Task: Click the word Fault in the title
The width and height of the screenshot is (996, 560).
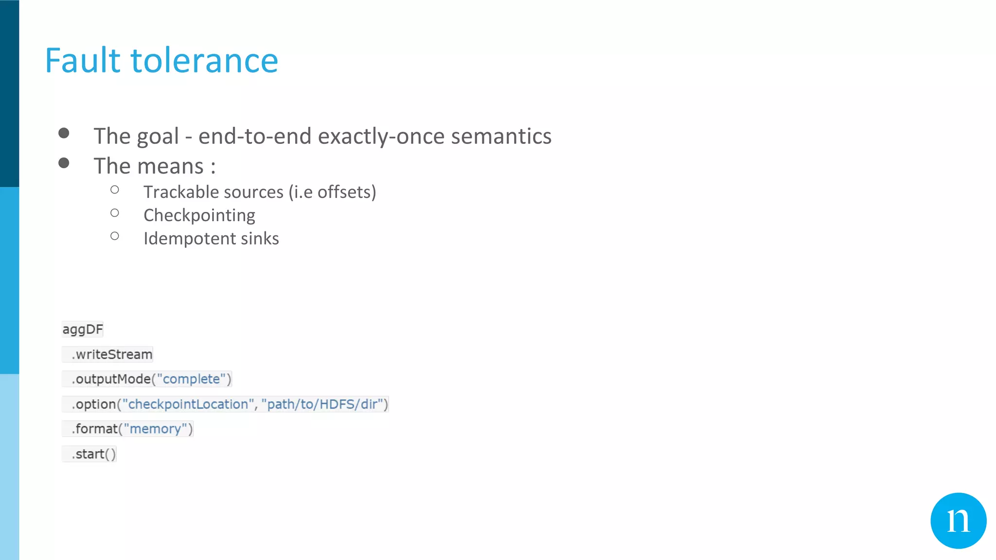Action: [83, 61]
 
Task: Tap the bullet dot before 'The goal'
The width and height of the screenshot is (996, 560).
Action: [64, 133]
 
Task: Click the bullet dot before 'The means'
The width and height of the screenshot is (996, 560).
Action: [64, 163]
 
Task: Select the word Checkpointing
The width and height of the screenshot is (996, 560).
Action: [199, 215]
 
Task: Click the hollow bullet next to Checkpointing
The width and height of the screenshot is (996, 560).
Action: [115, 213]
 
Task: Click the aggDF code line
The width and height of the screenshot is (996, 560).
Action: [83, 330]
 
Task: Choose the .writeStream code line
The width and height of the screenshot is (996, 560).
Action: [112, 354]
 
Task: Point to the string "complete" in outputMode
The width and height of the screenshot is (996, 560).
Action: [191, 379]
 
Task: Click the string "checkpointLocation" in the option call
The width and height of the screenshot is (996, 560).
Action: [188, 404]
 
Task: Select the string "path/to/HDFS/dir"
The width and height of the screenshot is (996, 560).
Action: [322, 404]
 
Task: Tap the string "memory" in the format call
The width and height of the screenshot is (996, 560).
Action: [155, 429]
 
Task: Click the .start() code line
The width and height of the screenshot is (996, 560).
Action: [93, 454]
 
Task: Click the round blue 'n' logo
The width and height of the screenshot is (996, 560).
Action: [958, 521]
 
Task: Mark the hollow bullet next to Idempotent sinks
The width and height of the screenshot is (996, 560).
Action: [115, 236]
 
